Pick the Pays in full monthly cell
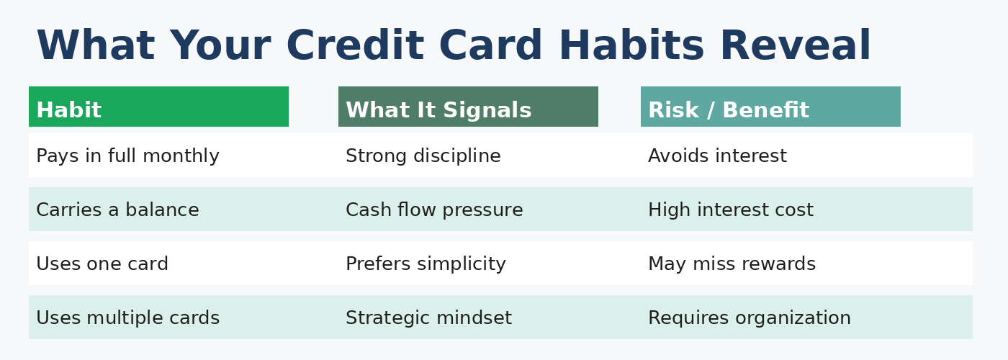127,156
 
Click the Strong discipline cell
423,156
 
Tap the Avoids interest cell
717,156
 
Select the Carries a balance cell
117,210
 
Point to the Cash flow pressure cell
434,210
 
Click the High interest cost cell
730,210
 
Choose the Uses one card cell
102,264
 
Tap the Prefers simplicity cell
426,264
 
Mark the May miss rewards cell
732,264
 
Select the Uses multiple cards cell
127,318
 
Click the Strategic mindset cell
428,318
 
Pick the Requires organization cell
749,318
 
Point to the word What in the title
95,47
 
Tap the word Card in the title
490,47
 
